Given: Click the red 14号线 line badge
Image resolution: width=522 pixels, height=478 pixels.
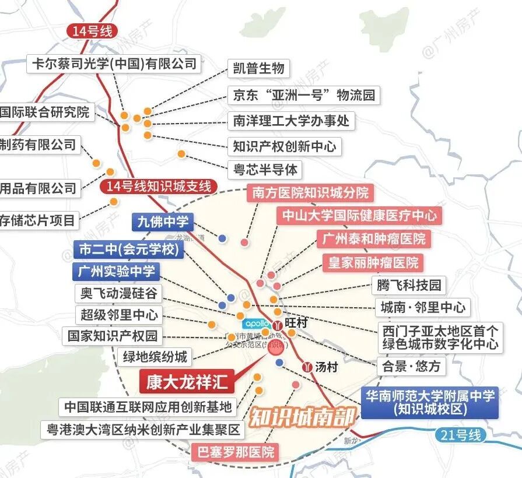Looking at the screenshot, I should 92,31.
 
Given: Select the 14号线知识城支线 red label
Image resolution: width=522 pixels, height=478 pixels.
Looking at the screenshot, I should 159,187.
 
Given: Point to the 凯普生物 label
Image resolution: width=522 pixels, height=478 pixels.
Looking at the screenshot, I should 258,68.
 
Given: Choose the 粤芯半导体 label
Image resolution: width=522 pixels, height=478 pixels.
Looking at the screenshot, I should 265,169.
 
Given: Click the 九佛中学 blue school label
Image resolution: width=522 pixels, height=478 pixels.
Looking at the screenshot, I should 163,221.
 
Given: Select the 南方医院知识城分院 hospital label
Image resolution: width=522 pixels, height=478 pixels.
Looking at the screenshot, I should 311,192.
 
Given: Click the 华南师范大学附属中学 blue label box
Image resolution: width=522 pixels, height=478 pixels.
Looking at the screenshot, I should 430,402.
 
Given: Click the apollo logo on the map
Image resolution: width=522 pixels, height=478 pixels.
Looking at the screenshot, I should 256,323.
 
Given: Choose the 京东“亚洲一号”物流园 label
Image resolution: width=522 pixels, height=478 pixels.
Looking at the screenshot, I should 303,94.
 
